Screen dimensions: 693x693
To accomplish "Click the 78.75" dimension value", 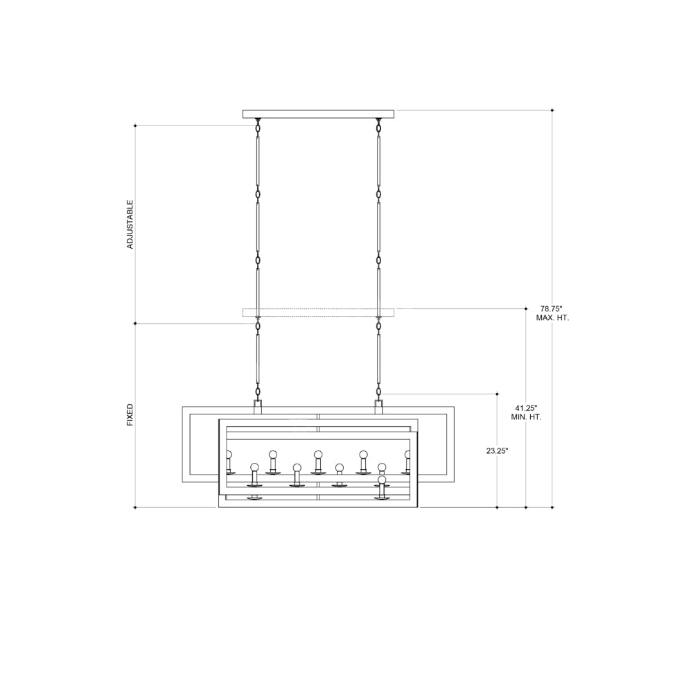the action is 551,308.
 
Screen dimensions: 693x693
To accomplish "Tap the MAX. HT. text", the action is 552,318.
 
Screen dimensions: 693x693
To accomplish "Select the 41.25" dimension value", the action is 526,408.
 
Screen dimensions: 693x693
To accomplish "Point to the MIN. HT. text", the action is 526,417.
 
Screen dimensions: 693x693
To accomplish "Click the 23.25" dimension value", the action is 497,451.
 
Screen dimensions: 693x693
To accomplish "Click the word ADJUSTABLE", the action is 130,225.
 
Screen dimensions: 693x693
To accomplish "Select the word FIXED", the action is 130,414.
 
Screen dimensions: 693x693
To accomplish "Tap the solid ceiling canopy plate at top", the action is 318,114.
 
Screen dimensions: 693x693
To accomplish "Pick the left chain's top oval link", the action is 258,128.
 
